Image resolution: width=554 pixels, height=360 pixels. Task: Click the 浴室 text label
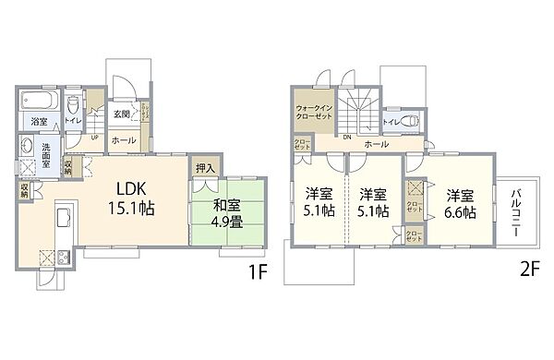coord(39,122)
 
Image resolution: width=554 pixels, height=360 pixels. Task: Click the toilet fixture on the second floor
coord(412,121)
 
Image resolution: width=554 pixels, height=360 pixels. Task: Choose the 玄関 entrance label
coord(121,114)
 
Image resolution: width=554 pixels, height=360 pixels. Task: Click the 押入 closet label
coord(204,168)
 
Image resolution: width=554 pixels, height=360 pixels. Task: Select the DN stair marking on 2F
coord(346,138)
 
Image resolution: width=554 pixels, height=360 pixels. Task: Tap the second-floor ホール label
coord(375,145)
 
